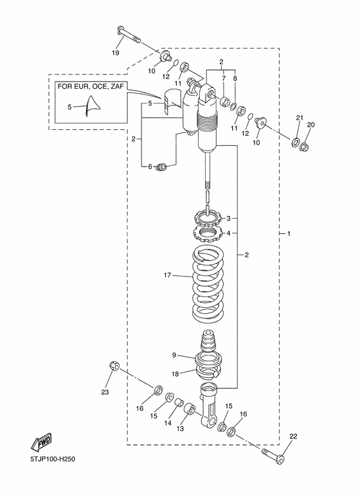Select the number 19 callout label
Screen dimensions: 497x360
[x=116, y=52]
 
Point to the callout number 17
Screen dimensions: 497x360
[x=168, y=275]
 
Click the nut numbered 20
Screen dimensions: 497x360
[x=305, y=147]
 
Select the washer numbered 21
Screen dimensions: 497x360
[x=295, y=141]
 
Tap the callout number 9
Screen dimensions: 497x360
[x=174, y=354]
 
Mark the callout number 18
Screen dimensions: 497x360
[x=174, y=374]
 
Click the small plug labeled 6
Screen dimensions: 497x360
[x=162, y=167]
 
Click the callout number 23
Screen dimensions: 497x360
[x=105, y=392]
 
